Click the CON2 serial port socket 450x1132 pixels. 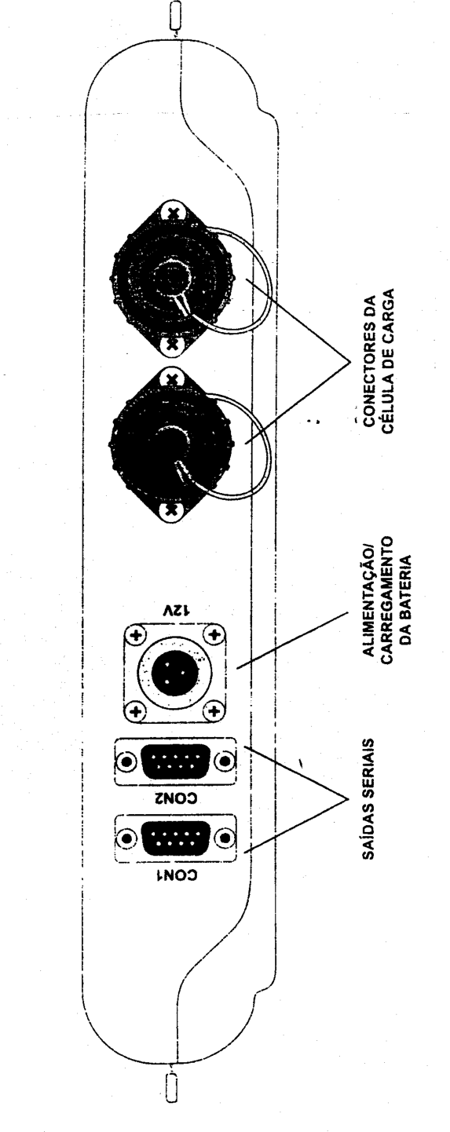(x=175, y=761)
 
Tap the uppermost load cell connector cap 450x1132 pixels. (x=171, y=278)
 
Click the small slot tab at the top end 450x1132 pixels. (x=175, y=16)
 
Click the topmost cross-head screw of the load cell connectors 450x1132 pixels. (x=173, y=214)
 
